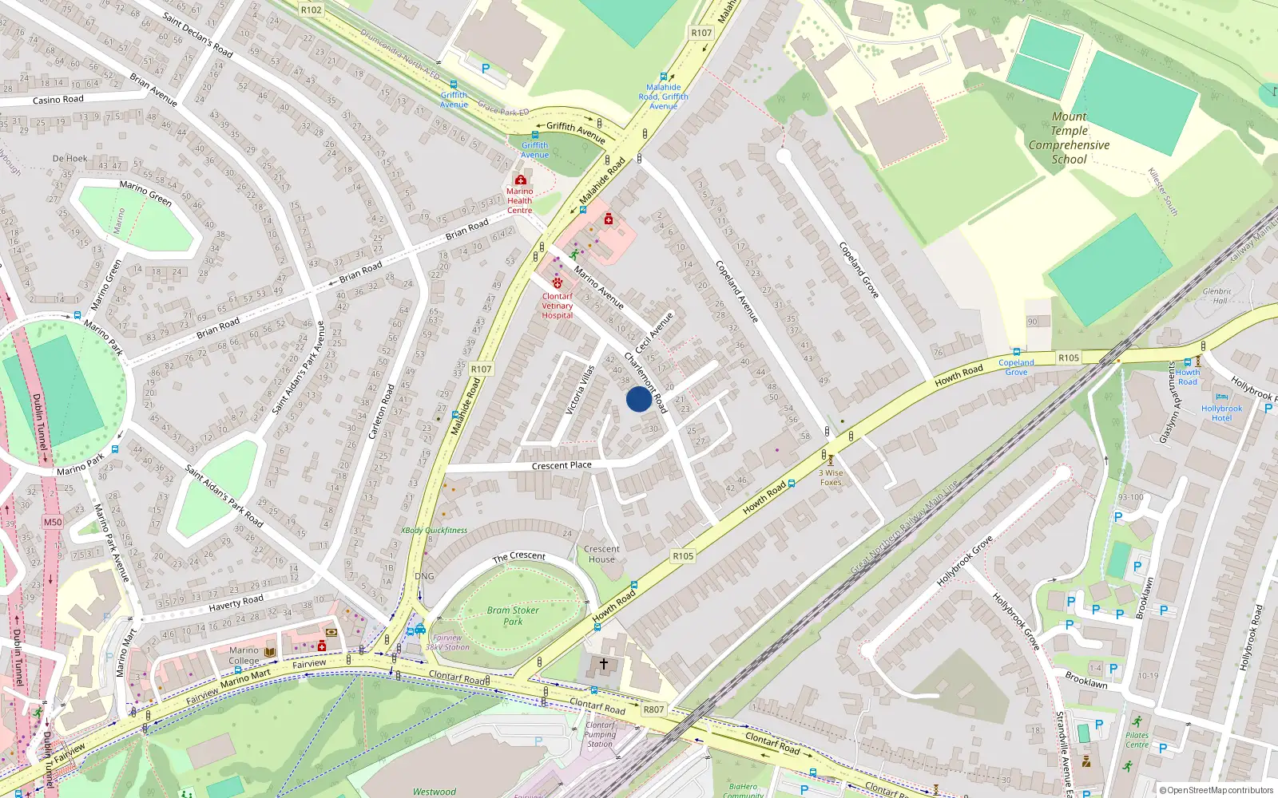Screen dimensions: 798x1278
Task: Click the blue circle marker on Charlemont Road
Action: (x=639, y=399)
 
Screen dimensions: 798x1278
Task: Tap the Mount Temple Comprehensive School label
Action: (x=1069, y=138)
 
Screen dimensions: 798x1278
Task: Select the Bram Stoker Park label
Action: (x=513, y=615)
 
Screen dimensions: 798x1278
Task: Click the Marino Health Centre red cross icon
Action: (x=521, y=180)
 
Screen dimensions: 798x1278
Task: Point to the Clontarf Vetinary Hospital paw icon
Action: (x=558, y=283)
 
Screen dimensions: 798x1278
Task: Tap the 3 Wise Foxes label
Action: (x=831, y=477)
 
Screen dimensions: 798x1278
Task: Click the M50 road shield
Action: (x=53, y=522)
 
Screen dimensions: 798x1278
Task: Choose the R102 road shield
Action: (x=312, y=10)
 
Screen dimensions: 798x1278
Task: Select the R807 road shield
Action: (x=653, y=709)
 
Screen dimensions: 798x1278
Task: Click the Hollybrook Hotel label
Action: (x=1221, y=413)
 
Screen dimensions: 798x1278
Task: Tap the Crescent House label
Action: (x=601, y=554)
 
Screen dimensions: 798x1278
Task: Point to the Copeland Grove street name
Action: (x=858, y=270)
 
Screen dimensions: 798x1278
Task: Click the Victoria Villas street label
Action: (x=581, y=389)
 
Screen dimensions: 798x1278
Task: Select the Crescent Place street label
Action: (x=562, y=465)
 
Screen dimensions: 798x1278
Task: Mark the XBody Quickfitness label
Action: (x=434, y=530)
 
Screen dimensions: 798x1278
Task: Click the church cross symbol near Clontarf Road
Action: (x=604, y=664)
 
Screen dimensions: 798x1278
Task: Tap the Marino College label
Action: (x=244, y=655)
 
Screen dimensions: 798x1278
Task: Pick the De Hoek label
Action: (x=69, y=158)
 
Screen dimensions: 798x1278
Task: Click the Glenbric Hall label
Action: (x=1216, y=296)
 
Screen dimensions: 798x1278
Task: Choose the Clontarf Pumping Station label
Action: (x=600, y=734)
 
